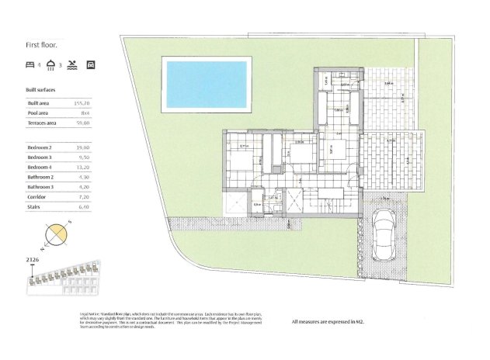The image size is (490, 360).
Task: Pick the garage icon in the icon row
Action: [x=91, y=66]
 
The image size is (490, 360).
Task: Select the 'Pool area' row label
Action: [x=40, y=112]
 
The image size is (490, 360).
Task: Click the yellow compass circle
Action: [x=57, y=233]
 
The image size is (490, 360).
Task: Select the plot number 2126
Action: [x=33, y=259]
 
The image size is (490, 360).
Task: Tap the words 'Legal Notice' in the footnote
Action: [x=89, y=313]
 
